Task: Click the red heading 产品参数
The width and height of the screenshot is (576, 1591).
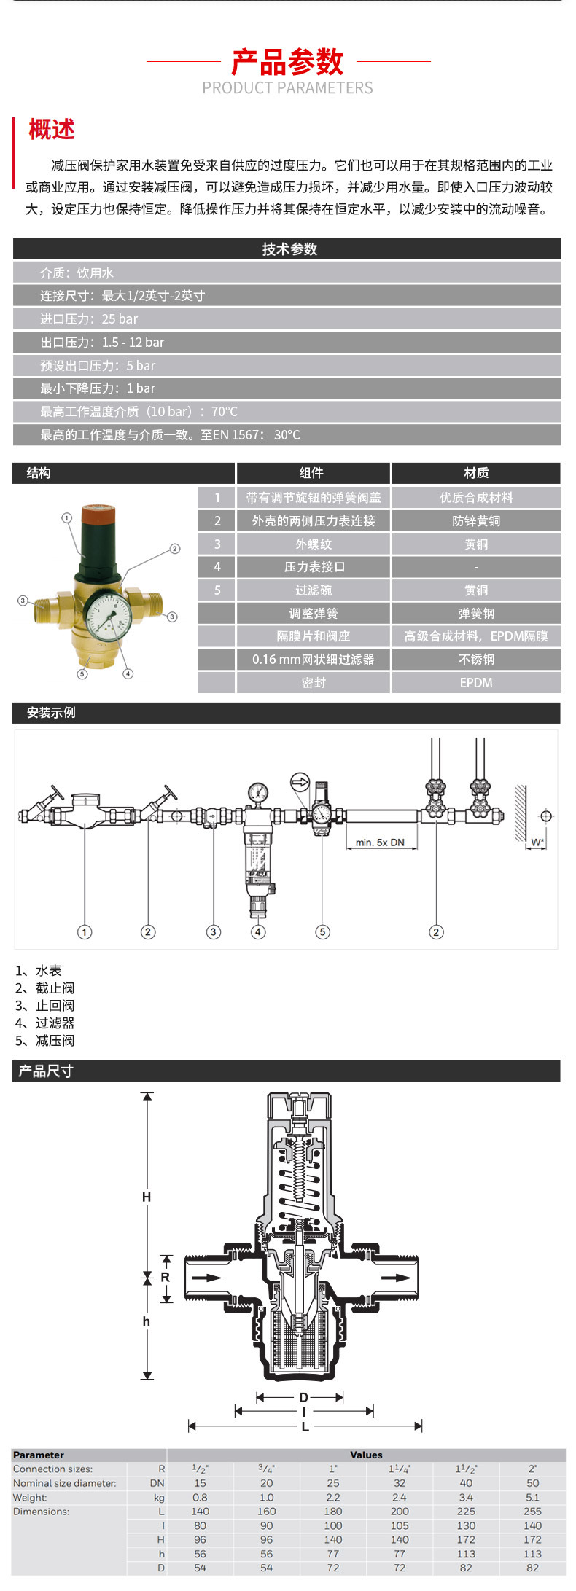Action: pyautogui.click(x=287, y=62)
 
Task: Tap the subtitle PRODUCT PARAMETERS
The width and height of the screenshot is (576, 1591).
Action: pyautogui.click(x=287, y=88)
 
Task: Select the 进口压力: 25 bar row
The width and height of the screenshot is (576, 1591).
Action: pyautogui.click(x=89, y=319)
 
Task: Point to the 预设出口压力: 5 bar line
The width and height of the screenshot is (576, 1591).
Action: pyautogui.click(x=98, y=366)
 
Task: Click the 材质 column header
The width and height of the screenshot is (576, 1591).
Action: pyautogui.click(x=476, y=473)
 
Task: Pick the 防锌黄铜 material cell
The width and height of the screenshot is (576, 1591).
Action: pyautogui.click(x=476, y=521)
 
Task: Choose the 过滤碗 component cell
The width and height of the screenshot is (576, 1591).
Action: pyautogui.click(x=314, y=590)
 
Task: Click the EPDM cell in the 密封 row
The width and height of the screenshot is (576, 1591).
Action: pyautogui.click(x=476, y=683)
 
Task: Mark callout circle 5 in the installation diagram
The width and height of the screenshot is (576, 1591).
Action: pyautogui.click(x=322, y=931)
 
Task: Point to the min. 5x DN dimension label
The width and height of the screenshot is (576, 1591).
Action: pyautogui.click(x=380, y=843)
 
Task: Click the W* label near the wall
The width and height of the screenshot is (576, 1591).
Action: pyautogui.click(x=537, y=843)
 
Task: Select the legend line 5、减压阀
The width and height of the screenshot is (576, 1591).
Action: pyautogui.click(x=45, y=1041)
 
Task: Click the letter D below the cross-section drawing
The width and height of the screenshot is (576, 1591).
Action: pyautogui.click(x=303, y=1398)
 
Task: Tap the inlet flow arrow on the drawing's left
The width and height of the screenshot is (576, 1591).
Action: pyautogui.click(x=207, y=1278)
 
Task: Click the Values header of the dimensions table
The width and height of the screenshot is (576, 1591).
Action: pyautogui.click(x=366, y=1455)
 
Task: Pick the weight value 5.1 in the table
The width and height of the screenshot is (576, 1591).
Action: pyautogui.click(x=532, y=1498)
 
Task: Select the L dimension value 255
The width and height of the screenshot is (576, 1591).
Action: pyautogui.click(x=532, y=1512)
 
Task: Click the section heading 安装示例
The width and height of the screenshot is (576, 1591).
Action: pyautogui.click(x=51, y=713)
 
